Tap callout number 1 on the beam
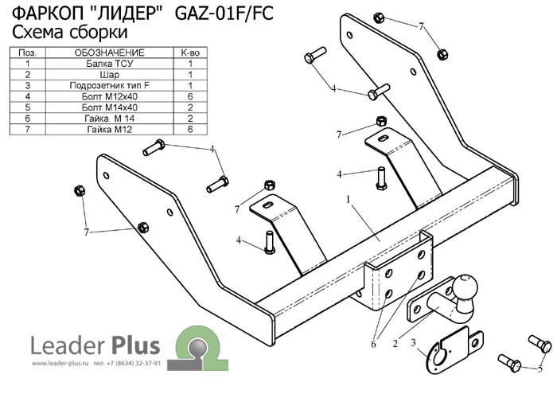coord(348,200)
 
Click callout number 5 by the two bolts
coord(541,368)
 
